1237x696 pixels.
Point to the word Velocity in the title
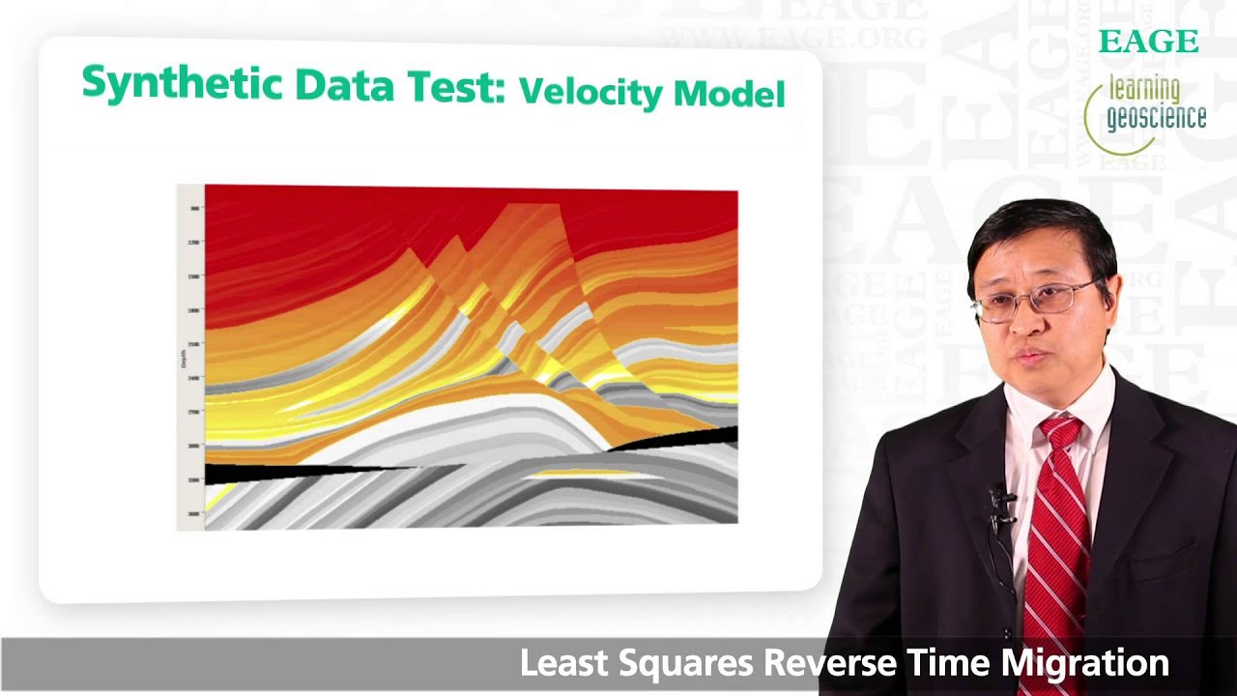[x=590, y=92]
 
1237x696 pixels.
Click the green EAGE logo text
[x=1148, y=42]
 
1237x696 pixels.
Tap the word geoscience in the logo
[x=1157, y=117]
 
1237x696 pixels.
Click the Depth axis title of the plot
[x=184, y=360]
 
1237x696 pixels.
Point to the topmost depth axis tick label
[x=194, y=209]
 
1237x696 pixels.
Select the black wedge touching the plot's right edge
[x=696, y=439]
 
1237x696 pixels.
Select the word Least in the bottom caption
[x=560, y=663]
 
